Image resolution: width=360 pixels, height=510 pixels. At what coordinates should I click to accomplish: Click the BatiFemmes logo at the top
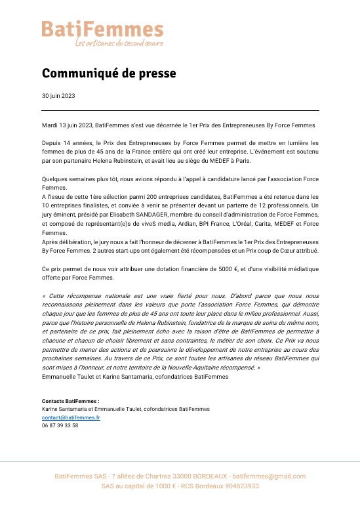click(103, 29)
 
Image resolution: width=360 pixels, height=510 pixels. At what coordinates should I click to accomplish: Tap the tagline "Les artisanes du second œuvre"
click(119, 43)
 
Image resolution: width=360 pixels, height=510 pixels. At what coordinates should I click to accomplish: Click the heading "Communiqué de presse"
click(109, 74)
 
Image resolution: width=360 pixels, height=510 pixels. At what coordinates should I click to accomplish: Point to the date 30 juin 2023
click(58, 96)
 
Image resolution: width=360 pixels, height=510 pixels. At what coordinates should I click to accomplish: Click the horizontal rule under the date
click(180, 110)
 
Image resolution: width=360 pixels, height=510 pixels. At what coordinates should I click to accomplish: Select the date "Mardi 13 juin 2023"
click(66, 125)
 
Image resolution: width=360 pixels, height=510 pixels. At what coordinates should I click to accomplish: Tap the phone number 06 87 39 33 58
click(60, 425)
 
